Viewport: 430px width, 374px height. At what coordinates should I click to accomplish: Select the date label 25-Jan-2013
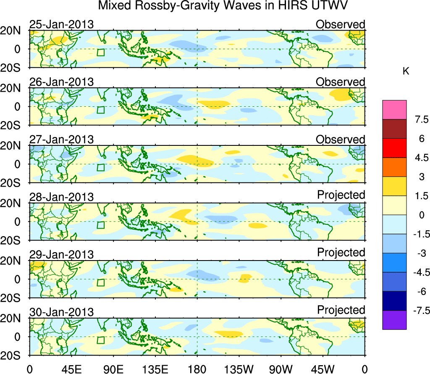coord(61,24)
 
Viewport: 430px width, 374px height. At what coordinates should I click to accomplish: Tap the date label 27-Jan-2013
coord(61,140)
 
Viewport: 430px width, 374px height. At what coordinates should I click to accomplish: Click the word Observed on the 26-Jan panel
coord(341,82)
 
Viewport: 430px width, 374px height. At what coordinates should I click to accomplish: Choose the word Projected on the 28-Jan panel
coord(341,195)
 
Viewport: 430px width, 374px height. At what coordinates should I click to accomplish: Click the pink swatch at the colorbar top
coord(394,110)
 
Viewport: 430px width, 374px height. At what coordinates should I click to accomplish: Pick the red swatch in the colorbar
coord(394,148)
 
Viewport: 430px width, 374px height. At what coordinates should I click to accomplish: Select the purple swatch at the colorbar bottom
coord(394,320)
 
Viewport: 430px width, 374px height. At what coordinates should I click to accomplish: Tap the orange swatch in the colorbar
coord(394,167)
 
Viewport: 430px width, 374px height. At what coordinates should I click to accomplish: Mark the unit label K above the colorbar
coord(406,71)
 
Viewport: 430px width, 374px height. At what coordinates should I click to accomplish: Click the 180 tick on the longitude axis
coord(197,369)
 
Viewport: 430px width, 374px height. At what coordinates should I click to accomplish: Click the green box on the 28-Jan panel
coord(100,225)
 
